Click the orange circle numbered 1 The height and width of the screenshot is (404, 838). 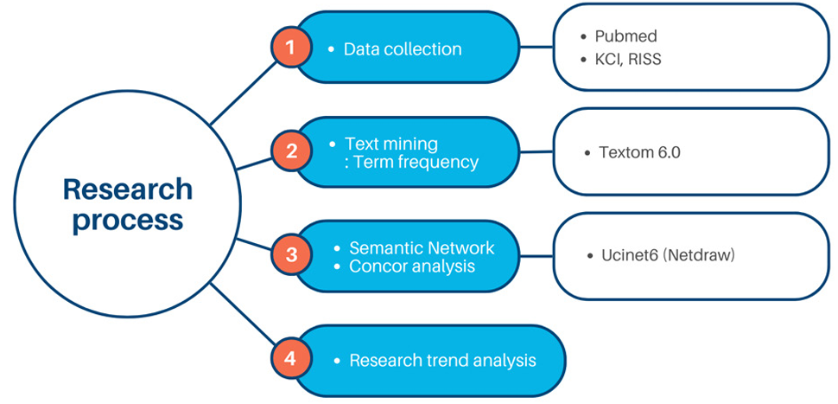coord(291,48)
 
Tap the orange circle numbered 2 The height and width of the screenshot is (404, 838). coord(291,151)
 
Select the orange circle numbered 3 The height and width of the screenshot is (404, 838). coord(291,255)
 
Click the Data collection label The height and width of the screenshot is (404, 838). coord(402,49)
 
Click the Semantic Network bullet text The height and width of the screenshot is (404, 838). coord(422,248)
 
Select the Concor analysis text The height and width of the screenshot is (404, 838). coord(411,266)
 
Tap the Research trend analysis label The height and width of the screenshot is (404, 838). coord(442,360)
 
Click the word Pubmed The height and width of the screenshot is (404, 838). coord(625,37)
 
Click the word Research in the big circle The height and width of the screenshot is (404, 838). coord(127,189)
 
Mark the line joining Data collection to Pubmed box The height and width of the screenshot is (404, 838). coord(536,48)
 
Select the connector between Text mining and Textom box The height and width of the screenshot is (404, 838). coord(536,151)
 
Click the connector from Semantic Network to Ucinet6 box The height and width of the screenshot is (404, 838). coord(536,256)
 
